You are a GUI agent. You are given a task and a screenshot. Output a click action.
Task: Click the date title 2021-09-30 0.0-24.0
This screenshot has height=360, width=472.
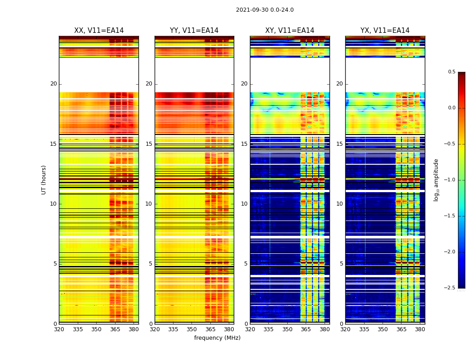[x=265, y=10]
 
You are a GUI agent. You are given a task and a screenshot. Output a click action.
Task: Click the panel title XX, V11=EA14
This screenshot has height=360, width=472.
[x=99, y=31]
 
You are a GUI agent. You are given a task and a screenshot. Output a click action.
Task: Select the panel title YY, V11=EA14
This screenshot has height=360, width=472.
[x=194, y=31]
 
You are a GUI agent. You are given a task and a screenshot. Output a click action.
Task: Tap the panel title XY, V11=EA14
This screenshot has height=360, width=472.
[x=289, y=31]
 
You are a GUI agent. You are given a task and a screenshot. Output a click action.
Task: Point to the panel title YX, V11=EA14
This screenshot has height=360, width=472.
[x=385, y=31]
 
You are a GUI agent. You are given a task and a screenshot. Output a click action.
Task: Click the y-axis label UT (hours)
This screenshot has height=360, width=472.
[x=44, y=180]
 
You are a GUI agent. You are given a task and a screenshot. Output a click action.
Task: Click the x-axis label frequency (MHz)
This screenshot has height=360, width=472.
[x=217, y=338]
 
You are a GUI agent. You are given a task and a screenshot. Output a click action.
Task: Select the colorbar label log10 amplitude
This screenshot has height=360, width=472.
[x=436, y=180]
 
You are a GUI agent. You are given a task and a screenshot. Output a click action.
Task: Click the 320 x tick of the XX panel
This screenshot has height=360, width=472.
[x=59, y=329]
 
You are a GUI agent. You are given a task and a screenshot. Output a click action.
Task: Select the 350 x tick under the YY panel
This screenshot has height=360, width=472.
[x=191, y=329]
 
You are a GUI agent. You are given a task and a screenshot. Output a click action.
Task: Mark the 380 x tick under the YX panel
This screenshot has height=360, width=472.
[x=420, y=329]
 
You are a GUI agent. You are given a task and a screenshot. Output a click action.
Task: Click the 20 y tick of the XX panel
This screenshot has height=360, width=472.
[x=53, y=84]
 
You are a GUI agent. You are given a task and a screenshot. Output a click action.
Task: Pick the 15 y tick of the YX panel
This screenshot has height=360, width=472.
[x=340, y=144]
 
